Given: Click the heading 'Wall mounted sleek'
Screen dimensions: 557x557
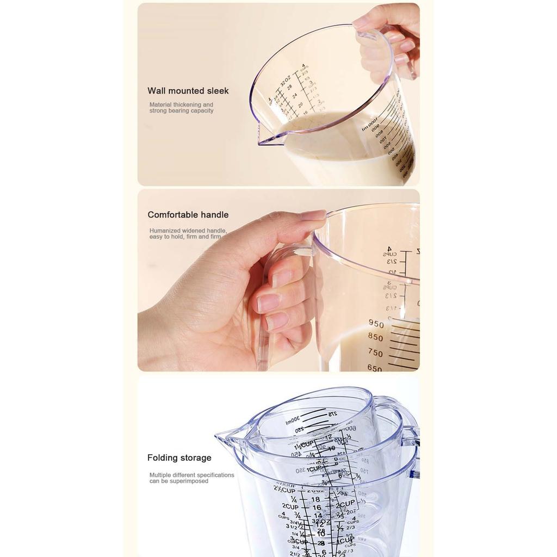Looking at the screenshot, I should [x=188, y=91].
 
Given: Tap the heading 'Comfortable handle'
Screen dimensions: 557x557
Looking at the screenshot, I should [x=188, y=215].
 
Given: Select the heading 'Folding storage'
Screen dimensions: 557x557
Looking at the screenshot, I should [x=179, y=458].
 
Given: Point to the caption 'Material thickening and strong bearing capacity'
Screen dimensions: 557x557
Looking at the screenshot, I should [x=181, y=108].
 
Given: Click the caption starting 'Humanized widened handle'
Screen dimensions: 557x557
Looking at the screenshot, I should [x=188, y=234].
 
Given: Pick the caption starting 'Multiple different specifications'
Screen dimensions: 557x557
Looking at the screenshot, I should [x=191, y=478].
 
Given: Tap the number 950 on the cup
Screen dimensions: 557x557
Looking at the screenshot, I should [x=376, y=324].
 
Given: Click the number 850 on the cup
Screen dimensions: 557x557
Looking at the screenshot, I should [x=375, y=338].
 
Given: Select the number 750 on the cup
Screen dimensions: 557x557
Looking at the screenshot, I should [x=375, y=352].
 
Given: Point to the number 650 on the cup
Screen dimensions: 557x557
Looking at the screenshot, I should [x=375, y=368].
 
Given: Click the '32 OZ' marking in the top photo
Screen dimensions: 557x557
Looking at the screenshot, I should [x=284, y=81].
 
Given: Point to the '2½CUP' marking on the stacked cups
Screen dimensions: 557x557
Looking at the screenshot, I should [x=284, y=491].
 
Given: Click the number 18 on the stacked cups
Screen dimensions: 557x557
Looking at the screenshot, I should [x=315, y=499].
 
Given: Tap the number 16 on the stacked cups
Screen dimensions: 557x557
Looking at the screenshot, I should [x=317, y=508].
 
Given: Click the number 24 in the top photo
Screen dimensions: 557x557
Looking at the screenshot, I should [x=294, y=95].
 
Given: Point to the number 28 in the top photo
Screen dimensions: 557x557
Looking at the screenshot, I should [x=290, y=87].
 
